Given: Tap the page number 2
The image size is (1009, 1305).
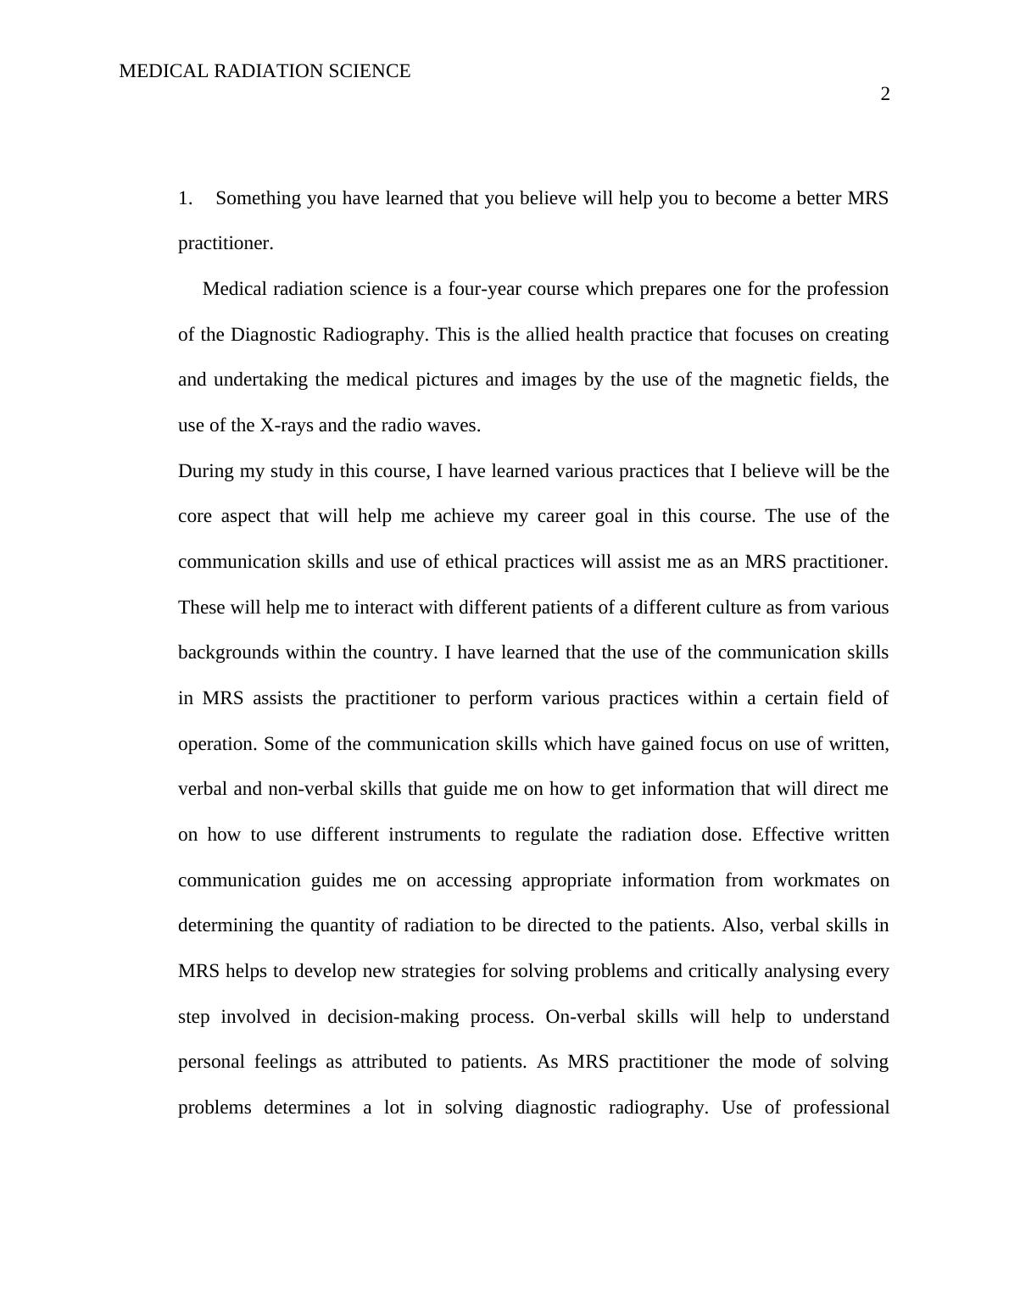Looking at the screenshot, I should [885, 94].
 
